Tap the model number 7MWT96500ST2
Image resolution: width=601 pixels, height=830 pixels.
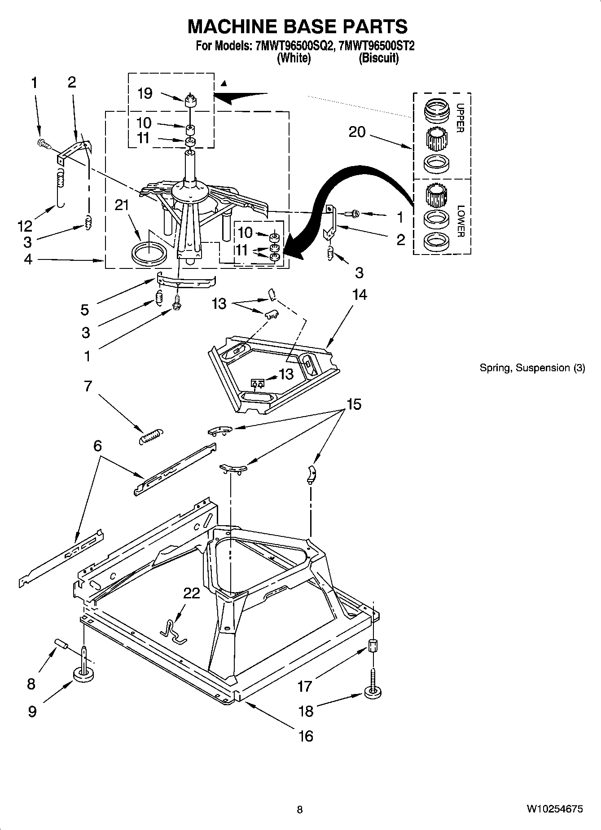coord(377,46)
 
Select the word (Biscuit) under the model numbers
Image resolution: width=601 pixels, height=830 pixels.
coord(378,58)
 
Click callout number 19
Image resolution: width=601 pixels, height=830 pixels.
coord(145,93)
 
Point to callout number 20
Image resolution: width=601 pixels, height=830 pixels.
coord(357,132)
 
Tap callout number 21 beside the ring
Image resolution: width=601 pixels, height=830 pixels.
coord(122,205)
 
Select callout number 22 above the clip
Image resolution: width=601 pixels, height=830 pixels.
coord(192,593)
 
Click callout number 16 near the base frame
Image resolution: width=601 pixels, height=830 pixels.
coord(306,736)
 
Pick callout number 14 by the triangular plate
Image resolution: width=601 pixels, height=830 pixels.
coord(360,295)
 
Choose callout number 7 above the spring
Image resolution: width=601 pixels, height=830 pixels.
coord(88,386)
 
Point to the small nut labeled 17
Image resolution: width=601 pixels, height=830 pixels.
coord(372,647)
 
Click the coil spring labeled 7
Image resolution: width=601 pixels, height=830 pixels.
coord(150,436)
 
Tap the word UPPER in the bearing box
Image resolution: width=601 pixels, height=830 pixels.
coord(461,118)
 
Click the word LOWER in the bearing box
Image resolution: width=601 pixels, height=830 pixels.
coord(461,221)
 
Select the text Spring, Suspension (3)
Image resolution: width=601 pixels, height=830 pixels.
coord(532,368)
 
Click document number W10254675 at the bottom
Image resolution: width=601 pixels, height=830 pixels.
coord(555,809)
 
